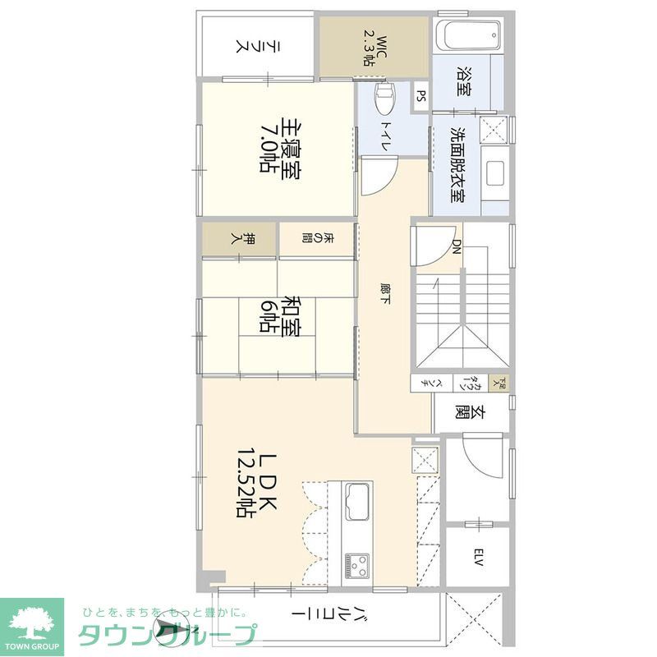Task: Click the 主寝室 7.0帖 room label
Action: pyautogui.click(x=279, y=149)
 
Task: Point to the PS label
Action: pyautogui.click(x=420, y=96)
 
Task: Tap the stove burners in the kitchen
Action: pyautogui.click(x=358, y=564)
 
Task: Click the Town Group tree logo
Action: pyautogui.click(x=32, y=619)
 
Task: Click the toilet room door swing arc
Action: pyautogui.click(x=378, y=177)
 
